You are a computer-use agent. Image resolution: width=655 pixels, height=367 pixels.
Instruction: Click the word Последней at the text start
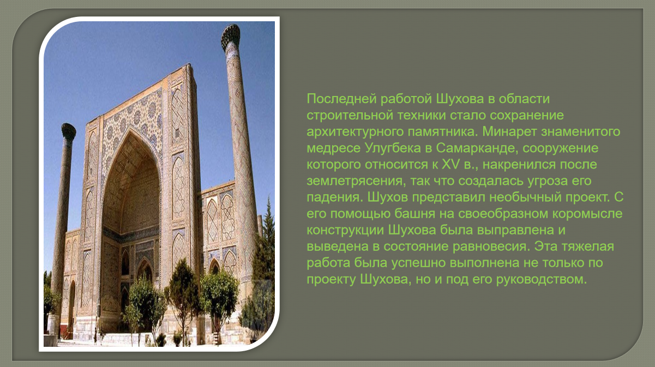tap(341, 99)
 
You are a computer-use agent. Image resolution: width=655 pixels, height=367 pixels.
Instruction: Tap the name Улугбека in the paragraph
tap(393, 149)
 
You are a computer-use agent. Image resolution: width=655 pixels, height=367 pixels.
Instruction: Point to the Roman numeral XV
tap(450, 164)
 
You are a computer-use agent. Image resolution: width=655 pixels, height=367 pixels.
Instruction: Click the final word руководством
tap(542, 280)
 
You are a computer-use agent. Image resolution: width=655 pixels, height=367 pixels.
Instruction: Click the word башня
tap(414, 214)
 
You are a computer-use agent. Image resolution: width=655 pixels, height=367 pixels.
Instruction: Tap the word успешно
tap(418, 263)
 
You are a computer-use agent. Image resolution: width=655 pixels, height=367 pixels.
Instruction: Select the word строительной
tap(350, 116)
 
